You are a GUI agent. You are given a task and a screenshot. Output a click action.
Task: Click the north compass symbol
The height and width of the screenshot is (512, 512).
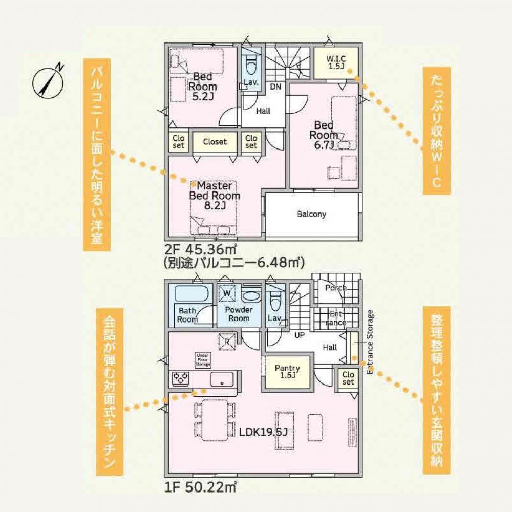tap(48, 81)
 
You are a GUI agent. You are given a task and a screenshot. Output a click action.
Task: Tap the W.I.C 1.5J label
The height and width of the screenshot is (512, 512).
tap(336, 62)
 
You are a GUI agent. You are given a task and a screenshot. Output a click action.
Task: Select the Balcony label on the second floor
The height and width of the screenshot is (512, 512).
tap(311, 214)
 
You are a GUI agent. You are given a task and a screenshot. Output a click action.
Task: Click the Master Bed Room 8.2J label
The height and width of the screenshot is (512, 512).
tap(215, 196)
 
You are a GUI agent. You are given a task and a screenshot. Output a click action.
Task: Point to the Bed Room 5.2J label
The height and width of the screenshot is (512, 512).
tap(202, 87)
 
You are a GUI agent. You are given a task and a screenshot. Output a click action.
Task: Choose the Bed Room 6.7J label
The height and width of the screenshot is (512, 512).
tap(324, 135)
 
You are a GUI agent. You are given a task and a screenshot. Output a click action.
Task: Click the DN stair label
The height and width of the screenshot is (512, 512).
tap(275, 87)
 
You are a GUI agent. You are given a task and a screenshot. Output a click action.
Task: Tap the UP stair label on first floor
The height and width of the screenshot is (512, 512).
tap(300, 335)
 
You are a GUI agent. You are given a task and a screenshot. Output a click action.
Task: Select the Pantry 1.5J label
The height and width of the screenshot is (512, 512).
tap(287, 372)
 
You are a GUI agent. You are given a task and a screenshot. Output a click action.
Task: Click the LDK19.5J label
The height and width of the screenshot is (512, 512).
tap(263, 432)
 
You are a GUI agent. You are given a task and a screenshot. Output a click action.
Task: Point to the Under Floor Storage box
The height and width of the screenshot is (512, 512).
tap(202, 359)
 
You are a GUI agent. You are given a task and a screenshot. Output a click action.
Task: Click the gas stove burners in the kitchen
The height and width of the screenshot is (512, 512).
tap(181, 379)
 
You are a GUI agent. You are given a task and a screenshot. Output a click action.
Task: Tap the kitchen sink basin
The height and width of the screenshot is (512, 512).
tap(222, 379)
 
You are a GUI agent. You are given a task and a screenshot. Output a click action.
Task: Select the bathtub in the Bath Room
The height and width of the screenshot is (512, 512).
tap(191, 293)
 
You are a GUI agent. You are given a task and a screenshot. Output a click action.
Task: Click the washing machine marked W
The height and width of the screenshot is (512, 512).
tap(227, 293)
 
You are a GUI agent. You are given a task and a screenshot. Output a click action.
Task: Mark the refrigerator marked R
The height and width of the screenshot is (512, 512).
tap(227, 342)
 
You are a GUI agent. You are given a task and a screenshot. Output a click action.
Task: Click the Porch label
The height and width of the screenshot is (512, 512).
tap(336, 288)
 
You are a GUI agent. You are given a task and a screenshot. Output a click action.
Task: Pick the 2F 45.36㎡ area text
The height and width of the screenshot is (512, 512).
tap(200, 250)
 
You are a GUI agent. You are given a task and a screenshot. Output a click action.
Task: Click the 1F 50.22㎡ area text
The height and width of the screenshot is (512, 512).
tap(200, 487)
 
